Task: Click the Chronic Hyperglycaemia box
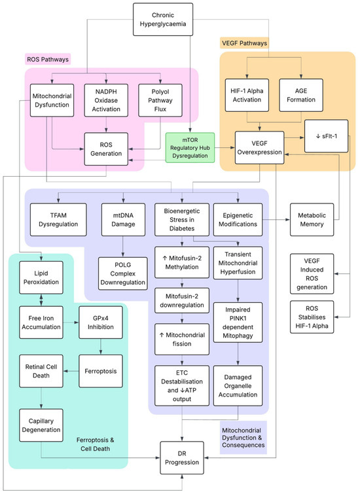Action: (163, 20)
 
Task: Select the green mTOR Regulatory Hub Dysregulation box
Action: (190, 147)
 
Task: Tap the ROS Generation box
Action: (106, 149)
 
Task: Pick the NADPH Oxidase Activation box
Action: (106, 100)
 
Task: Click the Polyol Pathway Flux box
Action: (160, 100)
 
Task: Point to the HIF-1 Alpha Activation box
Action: (247, 95)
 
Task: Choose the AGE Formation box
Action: (301, 95)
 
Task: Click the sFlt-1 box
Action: (326, 136)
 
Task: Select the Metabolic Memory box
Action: (312, 220)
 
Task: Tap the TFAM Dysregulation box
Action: (58, 220)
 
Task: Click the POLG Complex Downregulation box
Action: (122, 273)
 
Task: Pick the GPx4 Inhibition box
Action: (101, 323)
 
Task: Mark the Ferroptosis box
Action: (101, 371)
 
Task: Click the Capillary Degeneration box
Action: (41, 425)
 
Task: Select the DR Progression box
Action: (182, 458)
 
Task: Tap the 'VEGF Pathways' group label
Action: (244, 43)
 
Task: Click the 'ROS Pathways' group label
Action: (48, 60)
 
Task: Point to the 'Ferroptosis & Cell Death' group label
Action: (95, 444)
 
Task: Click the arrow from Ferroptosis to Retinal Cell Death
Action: (71, 371)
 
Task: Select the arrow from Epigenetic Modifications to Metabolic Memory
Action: (276, 220)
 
